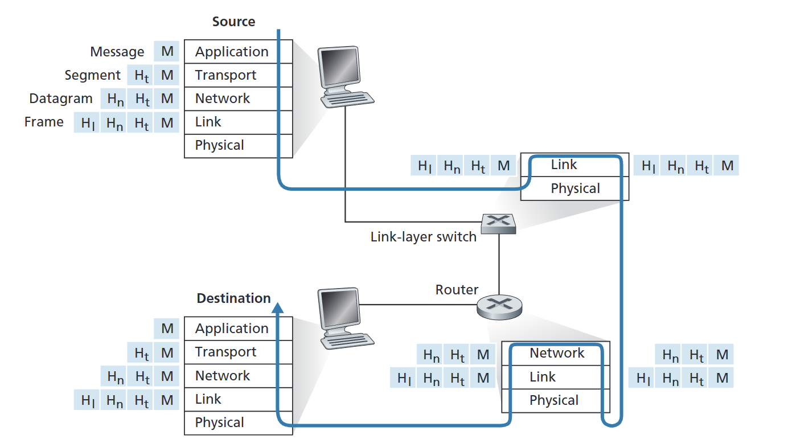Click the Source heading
[233, 22]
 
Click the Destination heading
[233, 298]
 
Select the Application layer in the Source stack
[239, 52]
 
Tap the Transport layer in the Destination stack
[239, 352]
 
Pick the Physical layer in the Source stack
[239, 146]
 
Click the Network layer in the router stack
[556, 353]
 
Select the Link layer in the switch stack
[575, 165]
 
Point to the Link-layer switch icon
[499, 224]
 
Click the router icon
[499, 307]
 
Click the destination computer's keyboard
[347, 341]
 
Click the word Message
[117, 52]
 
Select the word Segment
[93, 75]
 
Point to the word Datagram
[61, 99]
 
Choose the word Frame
[44, 122]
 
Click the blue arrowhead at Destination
[278, 307]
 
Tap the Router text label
[457, 290]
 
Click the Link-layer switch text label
[424, 237]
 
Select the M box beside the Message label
[166, 51]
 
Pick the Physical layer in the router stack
[556, 400]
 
